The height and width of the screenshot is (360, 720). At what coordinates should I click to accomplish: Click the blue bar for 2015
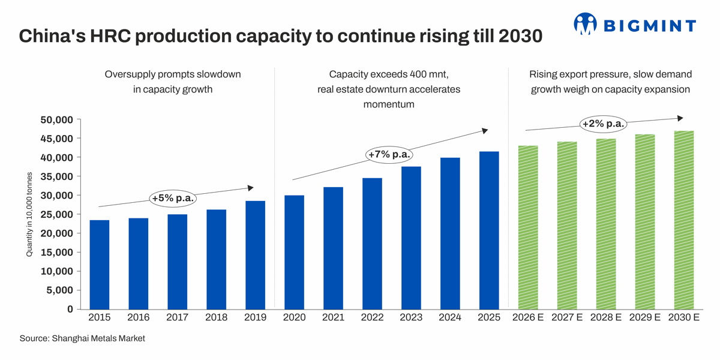pos(100,265)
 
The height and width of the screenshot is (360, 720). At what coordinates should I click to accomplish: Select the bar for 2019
pos(255,255)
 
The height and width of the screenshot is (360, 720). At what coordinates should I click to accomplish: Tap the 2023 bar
pos(411,238)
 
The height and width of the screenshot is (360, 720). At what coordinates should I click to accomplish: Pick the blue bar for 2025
pos(489,230)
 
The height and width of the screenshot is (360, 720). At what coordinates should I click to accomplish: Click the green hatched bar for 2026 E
pos(528,227)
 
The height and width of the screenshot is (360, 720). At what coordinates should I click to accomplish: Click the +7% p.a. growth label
pos(389,154)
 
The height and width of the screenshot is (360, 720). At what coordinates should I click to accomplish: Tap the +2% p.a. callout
pos(603,124)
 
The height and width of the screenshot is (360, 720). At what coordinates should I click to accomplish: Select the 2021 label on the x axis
pos(333,317)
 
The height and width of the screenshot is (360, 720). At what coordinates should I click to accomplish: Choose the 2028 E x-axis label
pos(606,317)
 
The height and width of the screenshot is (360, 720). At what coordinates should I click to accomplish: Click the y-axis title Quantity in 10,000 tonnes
pos(29,215)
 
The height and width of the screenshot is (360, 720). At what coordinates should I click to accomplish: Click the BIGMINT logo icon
pos(585,24)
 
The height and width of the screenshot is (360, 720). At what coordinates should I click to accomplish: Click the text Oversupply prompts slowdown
pos(173,74)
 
